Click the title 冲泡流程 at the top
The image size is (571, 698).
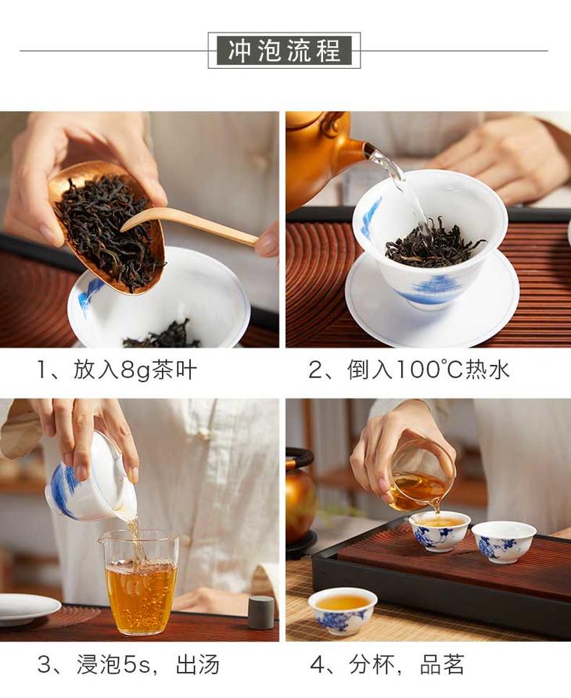click(x=284, y=50)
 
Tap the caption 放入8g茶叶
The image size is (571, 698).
click(x=135, y=370)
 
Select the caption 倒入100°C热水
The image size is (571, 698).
click(x=429, y=370)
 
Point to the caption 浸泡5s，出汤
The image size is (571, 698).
click(x=149, y=665)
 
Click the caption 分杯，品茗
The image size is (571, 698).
click(x=407, y=665)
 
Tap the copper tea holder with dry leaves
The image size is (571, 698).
click(x=108, y=227)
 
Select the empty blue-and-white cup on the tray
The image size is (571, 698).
click(x=504, y=542)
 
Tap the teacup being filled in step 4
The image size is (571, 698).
click(x=440, y=532)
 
